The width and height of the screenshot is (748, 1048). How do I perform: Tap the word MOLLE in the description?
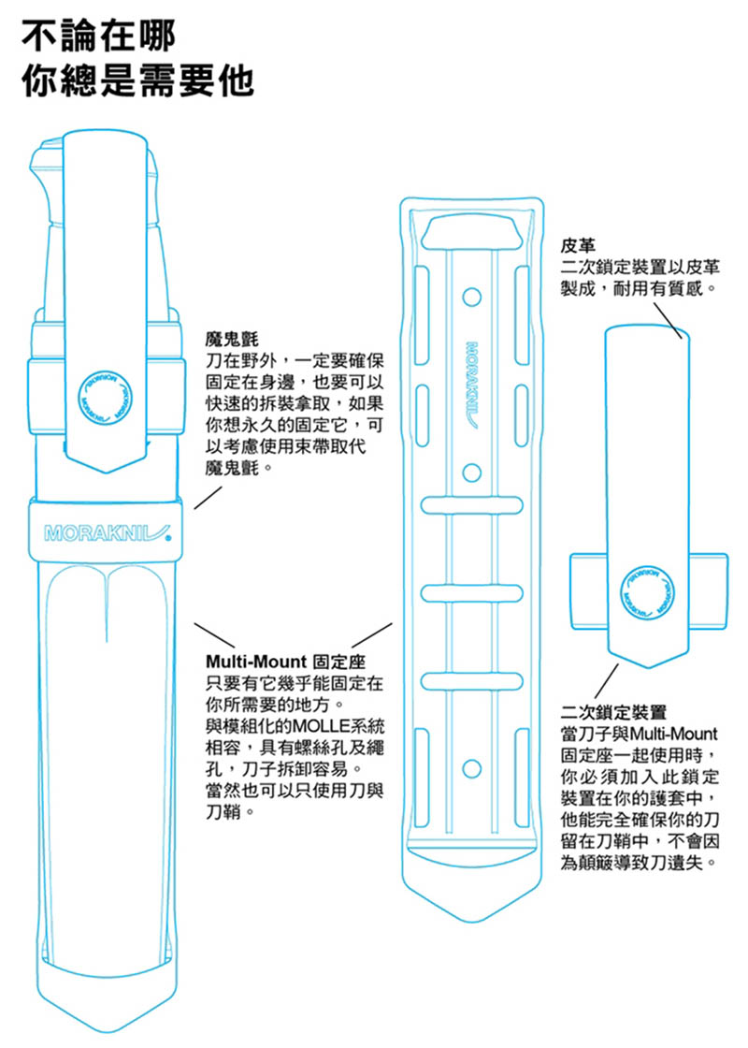coord(321,727)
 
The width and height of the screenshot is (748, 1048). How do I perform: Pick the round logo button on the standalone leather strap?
coord(647,590)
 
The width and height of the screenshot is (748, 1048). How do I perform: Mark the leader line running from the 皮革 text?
coord(664,318)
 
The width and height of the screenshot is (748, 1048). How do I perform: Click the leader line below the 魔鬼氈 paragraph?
coord(207,496)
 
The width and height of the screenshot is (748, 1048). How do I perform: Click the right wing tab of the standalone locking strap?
coord(708,589)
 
